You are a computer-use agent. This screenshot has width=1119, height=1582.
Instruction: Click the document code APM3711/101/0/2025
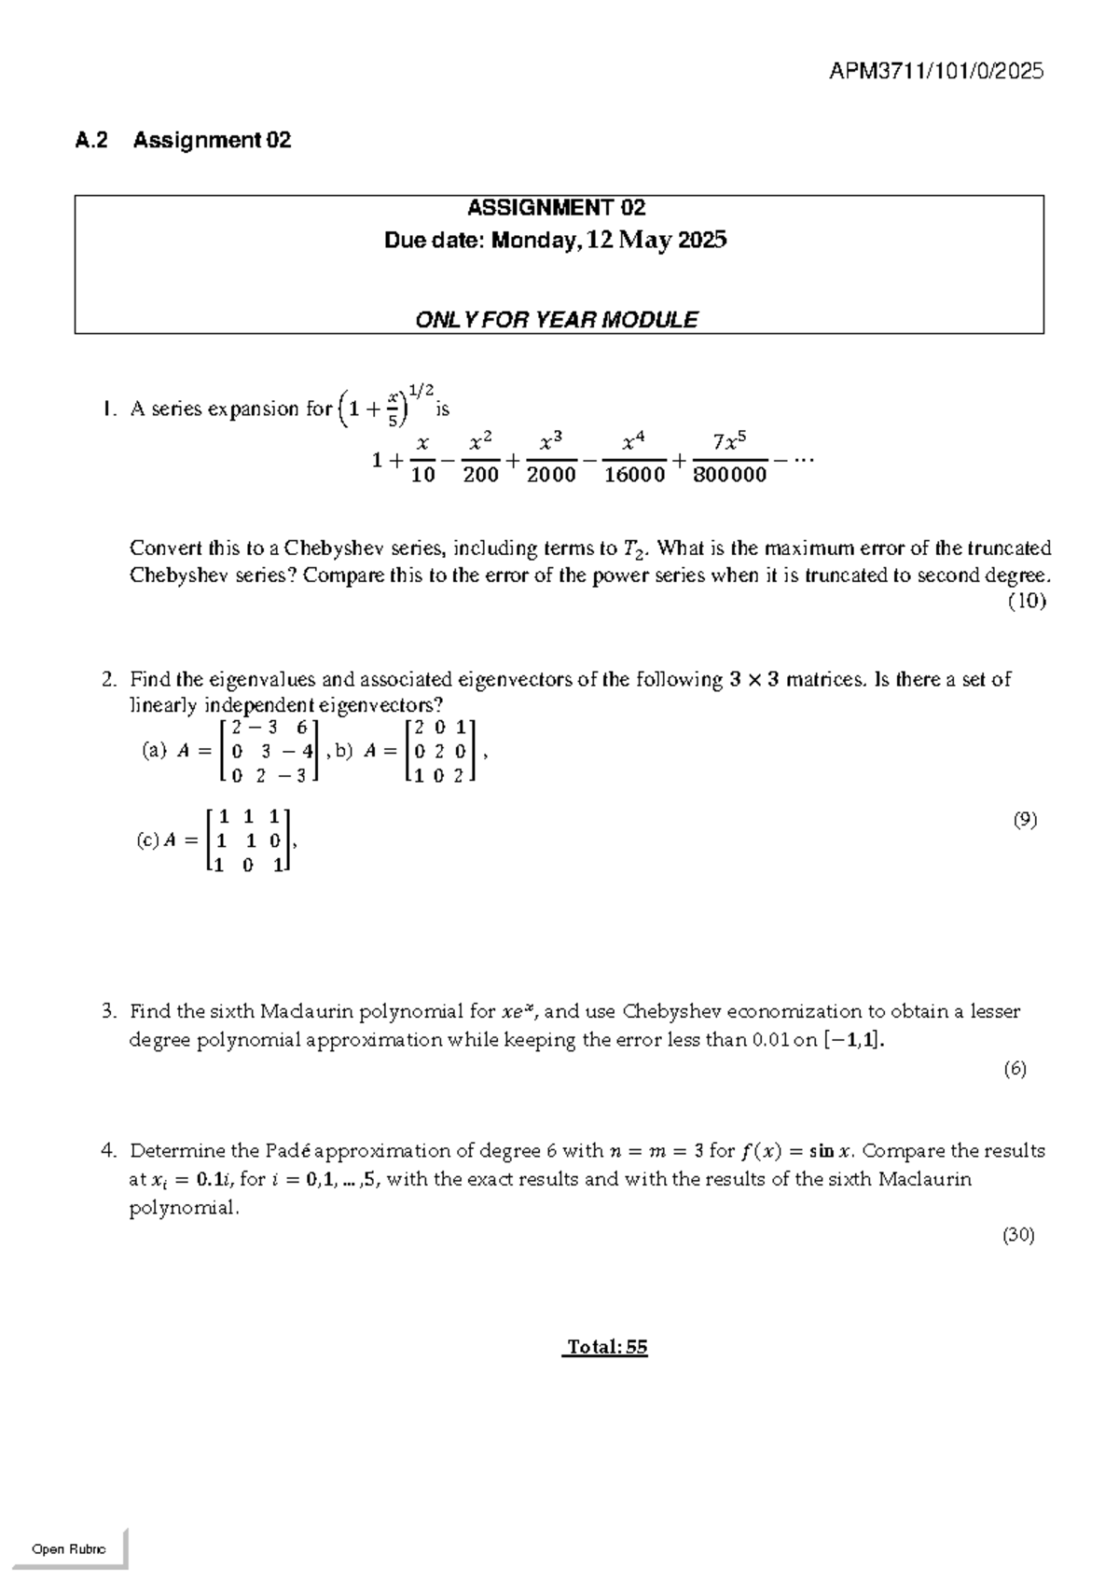pyautogui.click(x=935, y=71)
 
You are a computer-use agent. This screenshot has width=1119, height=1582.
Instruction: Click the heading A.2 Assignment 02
pyautogui.click(x=183, y=141)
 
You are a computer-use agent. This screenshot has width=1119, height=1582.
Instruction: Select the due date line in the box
pyautogui.click(x=556, y=241)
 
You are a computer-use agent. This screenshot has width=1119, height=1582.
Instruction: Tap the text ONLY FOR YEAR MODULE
pyautogui.click(x=556, y=320)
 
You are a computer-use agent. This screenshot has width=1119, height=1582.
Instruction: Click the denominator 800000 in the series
pyautogui.click(x=730, y=476)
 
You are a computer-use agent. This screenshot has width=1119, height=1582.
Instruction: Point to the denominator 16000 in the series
pyautogui.click(x=634, y=476)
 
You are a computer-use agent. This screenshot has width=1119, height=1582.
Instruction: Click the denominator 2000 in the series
pyautogui.click(x=551, y=476)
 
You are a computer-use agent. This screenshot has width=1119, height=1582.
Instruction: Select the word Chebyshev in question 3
pyautogui.click(x=671, y=1012)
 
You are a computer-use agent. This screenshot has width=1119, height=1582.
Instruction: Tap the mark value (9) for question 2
pyautogui.click(x=1025, y=820)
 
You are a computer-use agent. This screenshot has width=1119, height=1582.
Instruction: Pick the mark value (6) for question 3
pyautogui.click(x=1015, y=1069)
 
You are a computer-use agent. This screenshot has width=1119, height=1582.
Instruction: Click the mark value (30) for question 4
pyautogui.click(x=1018, y=1236)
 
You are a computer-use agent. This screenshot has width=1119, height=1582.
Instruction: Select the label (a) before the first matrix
pyautogui.click(x=154, y=750)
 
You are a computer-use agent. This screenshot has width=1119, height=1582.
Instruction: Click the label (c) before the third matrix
pyautogui.click(x=147, y=840)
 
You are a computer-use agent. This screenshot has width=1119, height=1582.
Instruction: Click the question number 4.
pyautogui.click(x=108, y=1151)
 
